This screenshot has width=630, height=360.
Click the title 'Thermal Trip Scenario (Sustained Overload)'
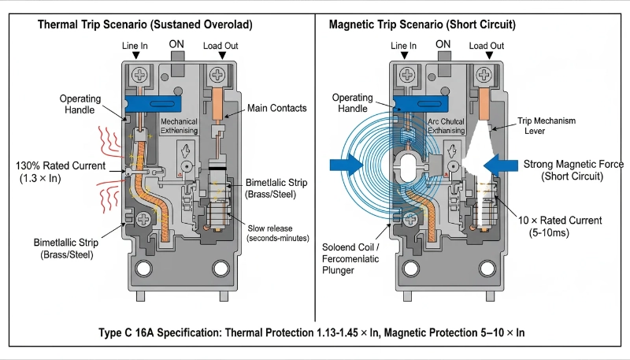click(x=145, y=25)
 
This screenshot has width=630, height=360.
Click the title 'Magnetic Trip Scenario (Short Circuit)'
click(x=422, y=25)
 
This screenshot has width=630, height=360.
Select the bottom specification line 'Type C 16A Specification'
click(x=314, y=332)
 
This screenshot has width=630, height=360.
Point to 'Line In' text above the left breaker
click(x=135, y=46)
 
